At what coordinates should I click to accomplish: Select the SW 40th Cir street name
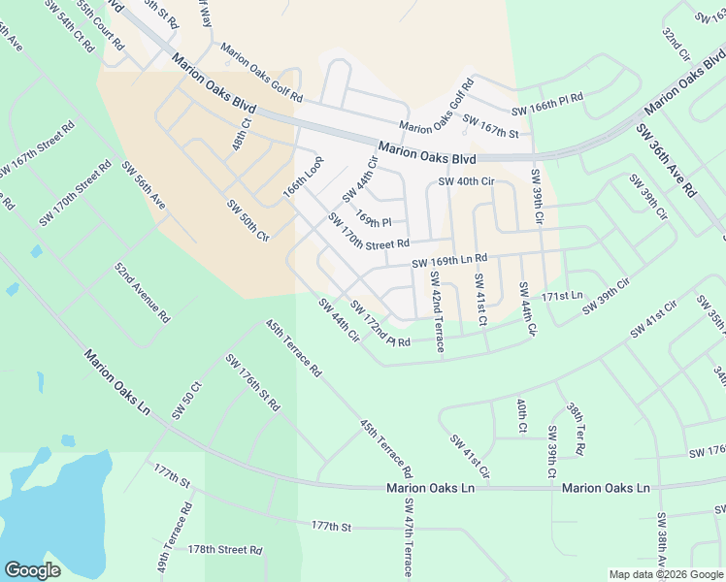pos(467,181)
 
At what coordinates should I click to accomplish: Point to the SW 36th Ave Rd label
pos(666,161)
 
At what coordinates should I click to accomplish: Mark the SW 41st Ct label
pos(480,299)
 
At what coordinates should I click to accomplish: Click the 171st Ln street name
pos(563,295)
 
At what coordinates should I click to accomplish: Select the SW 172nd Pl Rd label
pos(380,326)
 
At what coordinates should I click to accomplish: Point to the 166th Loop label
pos(302,176)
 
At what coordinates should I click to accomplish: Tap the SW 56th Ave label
pos(143,184)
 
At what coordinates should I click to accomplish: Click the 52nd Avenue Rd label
pos(142,292)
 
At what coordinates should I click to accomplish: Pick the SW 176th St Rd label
pos(252,382)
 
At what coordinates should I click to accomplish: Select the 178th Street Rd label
pos(225,549)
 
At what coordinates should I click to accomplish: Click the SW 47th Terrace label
pos(410,537)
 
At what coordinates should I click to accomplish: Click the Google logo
pos(32,570)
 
